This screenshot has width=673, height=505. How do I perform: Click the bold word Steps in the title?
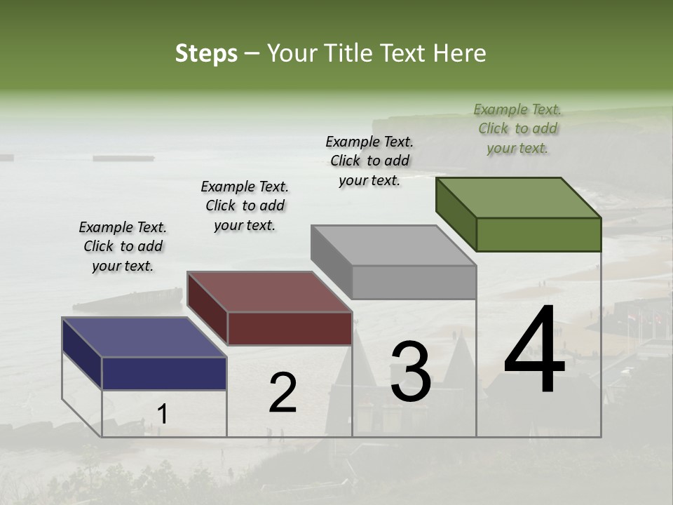(206, 53)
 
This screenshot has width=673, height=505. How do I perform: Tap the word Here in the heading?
(459, 53)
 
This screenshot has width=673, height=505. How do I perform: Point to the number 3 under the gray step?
(411, 372)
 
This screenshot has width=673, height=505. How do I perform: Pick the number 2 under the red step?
(283, 393)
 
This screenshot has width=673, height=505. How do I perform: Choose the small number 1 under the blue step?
(163, 414)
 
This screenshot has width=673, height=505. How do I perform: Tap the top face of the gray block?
(393, 245)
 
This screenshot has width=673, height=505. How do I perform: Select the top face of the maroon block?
(269, 292)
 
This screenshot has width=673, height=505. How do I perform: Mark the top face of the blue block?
(144, 337)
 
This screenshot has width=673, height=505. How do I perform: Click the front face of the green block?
(538, 234)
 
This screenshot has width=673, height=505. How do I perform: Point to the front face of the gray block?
(414, 282)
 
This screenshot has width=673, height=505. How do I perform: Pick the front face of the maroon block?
(290, 328)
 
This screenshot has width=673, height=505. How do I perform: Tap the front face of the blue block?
(164, 373)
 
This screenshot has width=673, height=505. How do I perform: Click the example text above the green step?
(517, 128)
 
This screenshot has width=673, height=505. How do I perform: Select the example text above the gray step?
(369, 161)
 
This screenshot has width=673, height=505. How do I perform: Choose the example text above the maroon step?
(245, 206)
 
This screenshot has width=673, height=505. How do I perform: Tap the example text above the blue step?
(123, 246)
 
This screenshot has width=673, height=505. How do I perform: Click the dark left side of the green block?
(456, 214)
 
